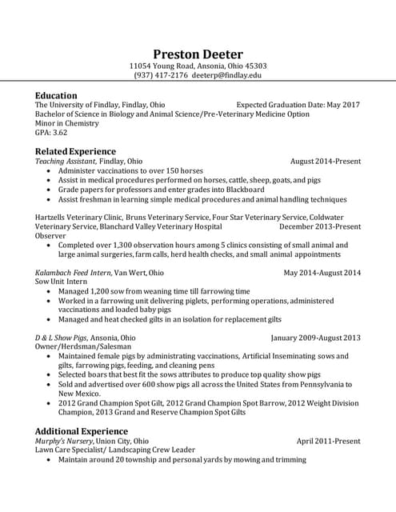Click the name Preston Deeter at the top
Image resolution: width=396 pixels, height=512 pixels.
pos(198,54)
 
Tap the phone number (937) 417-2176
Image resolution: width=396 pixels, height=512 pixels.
pos(161,75)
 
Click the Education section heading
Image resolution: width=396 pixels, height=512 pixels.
pos(56,95)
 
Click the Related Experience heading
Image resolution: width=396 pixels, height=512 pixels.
pos(75,151)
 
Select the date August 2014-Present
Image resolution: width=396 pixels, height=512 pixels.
pos(325,161)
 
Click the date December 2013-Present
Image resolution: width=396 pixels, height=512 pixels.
pos(319,226)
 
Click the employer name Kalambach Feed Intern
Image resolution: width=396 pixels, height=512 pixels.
pos(73,273)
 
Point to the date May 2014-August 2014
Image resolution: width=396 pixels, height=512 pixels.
pos(322,273)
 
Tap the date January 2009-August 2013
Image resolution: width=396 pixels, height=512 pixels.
pos(315,338)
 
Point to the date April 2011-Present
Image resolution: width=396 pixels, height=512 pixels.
pos(328,441)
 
